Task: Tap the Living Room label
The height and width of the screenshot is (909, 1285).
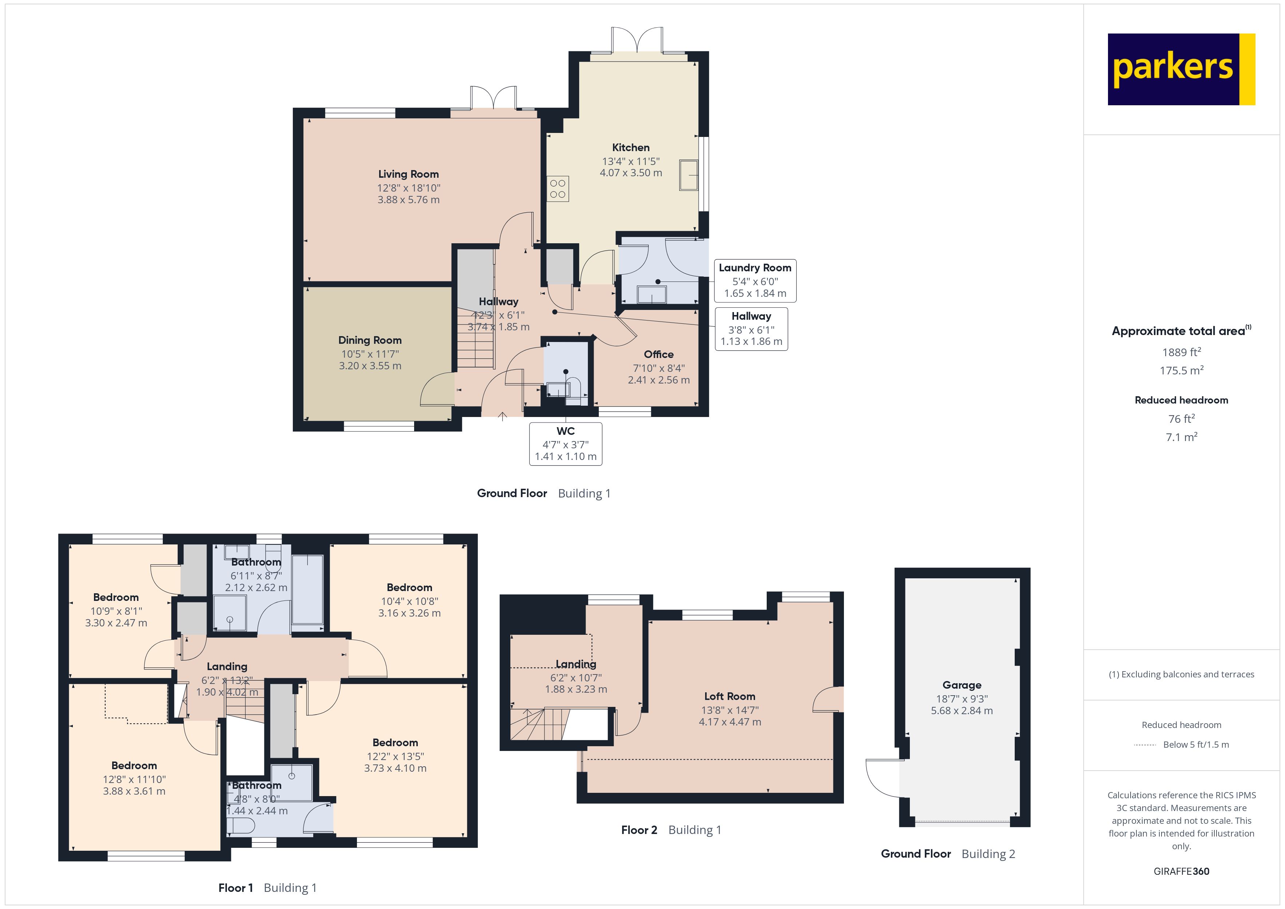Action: [408, 174]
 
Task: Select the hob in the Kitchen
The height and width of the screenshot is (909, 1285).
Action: [557, 189]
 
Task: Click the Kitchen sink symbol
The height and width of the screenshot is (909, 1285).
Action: [688, 175]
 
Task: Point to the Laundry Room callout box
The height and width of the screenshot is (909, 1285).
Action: [754, 280]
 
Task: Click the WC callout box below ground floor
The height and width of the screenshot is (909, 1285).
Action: [565, 443]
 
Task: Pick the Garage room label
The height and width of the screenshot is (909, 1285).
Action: [962, 685]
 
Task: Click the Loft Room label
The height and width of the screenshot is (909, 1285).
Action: [729, 696]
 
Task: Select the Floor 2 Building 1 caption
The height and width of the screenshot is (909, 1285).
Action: [671, 830]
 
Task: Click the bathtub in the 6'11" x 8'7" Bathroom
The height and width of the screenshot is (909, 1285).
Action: [307, 589]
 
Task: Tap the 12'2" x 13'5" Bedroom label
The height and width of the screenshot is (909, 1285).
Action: [395, 743]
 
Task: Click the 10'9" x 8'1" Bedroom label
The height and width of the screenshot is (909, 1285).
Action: [116, 597]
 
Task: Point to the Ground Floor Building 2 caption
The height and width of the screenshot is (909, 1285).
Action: [947, 854]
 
